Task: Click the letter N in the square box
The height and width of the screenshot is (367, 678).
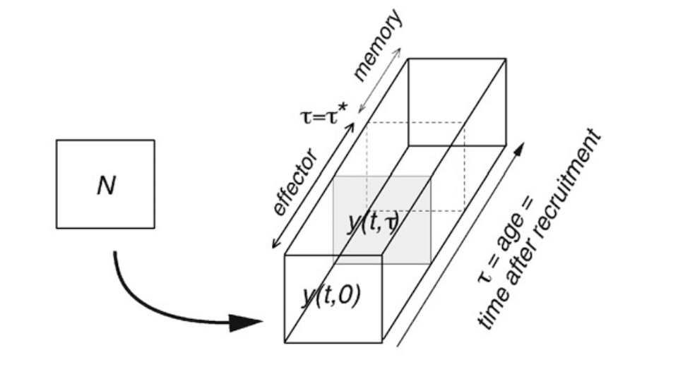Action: point(105,186)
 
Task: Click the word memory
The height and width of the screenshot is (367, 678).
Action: point(377,46)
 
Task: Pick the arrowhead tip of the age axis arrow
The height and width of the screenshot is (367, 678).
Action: point(523,144)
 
